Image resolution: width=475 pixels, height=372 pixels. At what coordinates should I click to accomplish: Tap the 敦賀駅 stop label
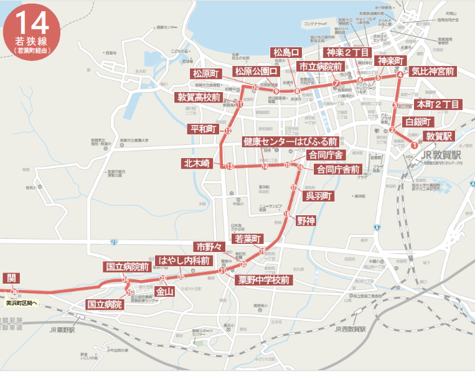click(x=440, y=136)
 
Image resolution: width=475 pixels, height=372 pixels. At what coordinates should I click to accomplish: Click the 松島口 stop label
click(x=287, y=52)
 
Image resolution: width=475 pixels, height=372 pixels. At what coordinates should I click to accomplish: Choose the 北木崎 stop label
click(x=197, y=163)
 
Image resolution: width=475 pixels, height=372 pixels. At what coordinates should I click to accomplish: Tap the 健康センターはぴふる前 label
click(x=290, y=142)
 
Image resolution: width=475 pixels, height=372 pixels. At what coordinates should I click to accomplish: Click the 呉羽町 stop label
click(x=319, y=196)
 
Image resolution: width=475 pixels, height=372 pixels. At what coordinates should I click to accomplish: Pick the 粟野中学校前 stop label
click(x=265, y=280)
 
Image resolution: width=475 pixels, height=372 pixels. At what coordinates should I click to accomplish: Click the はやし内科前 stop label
click(x=184, y=261)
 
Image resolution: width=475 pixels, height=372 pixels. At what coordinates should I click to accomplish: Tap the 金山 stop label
click(x=164, y=291)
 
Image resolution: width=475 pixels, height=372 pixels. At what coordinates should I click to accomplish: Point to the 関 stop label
click(x=11, y=278)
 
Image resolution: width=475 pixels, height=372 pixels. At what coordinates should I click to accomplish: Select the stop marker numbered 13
click(x=229, y=166)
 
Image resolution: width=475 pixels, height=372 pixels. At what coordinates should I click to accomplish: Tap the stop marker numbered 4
click(x=400, y=75)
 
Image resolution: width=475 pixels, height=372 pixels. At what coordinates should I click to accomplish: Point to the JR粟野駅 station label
click(x=62, y=330)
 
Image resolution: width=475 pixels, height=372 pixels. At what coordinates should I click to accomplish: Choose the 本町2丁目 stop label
click(x=438, y=104)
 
